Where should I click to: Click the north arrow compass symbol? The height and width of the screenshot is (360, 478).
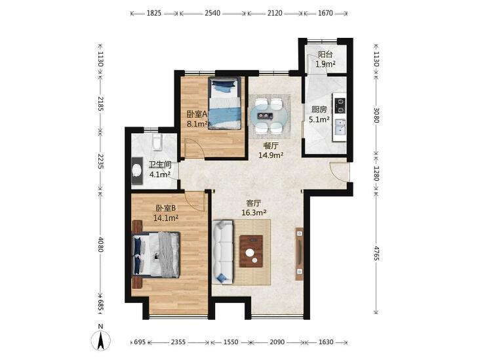(101, 340)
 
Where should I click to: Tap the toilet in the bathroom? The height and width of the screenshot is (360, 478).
(157, 142)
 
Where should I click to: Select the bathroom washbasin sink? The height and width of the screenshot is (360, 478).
(137, 170)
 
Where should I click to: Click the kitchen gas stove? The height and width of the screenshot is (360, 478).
(340, 105)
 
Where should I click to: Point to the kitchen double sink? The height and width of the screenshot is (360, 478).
(340, 127)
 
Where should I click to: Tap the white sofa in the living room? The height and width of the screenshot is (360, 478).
(223, 252)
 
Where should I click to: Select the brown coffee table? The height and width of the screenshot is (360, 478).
(251, 251)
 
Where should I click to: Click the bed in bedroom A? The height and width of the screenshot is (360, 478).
(225, 104)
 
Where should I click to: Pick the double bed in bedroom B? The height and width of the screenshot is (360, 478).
(156, 254)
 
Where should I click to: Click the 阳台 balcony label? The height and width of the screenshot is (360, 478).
(325, 54)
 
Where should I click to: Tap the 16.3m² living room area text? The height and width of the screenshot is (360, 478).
(254, 212)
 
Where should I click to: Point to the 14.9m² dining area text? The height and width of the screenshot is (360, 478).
(271, 155)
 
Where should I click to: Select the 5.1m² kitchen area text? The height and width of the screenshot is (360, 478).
(319, 119)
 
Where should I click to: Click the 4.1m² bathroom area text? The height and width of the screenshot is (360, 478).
(160, 174)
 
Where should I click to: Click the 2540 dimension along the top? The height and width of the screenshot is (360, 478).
(212, 13)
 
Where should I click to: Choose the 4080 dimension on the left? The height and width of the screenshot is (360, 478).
(101, 244)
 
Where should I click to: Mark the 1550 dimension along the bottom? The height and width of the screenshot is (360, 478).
(231, 342)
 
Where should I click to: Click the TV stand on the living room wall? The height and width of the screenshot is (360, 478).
(300, 254)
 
